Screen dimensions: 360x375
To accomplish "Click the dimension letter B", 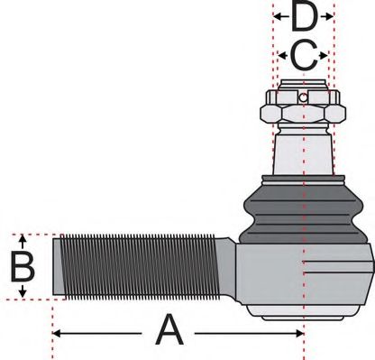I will pyautogui.click(x=22, y=268).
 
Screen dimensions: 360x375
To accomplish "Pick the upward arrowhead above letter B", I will pyautogui.click(x=23, y=240).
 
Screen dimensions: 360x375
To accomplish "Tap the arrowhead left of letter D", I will pyautogui.click(x=278, y=16).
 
